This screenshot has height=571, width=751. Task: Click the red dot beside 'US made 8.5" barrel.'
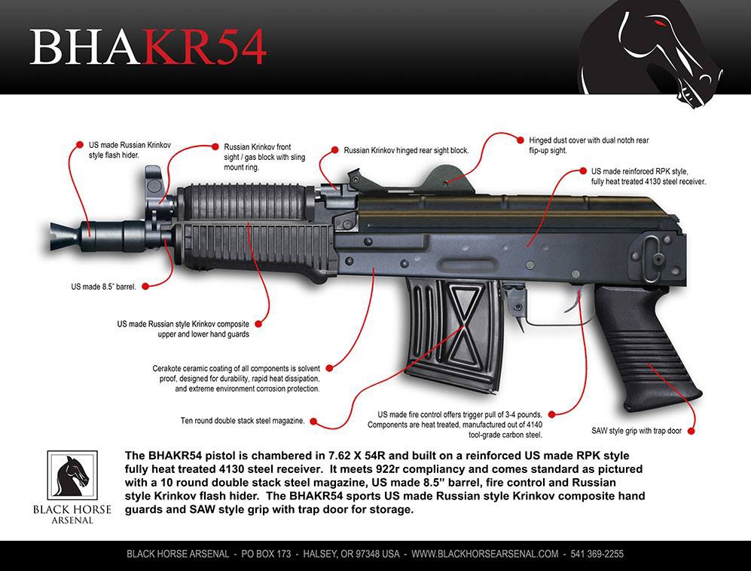pyautogui.click(x=145, y=287)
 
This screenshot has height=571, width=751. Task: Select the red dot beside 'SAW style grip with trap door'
pyautogui.click(x=691, y=431)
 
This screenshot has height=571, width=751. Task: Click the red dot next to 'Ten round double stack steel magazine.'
pyautogui.click(x=313, y=422)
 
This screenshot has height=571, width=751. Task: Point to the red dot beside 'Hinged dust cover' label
pyautogui.click(x=521, y=140)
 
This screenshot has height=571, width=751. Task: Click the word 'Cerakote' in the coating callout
pyautogui.click(x=166, y=369)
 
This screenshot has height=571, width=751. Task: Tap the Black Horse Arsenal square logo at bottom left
pyautogui.click(x=72, y=476)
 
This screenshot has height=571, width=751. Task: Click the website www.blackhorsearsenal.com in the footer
pyautogui.click(x=484, y=554)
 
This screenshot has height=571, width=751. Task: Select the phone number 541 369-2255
pyautogui.click(x=597, y=554)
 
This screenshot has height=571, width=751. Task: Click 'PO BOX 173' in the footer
pyautogui.click(x=266, y=554)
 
